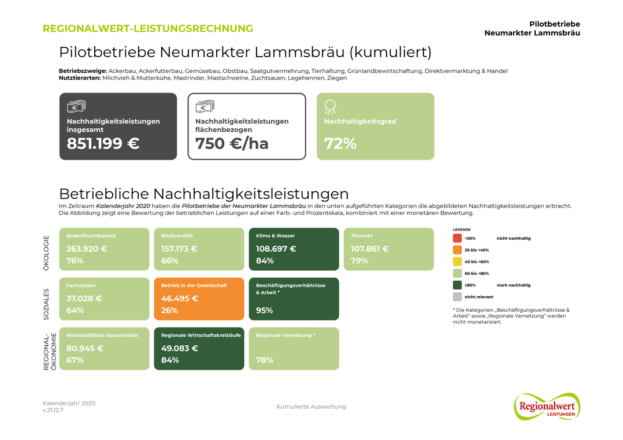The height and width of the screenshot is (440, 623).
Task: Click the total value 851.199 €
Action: [x=103, y=144]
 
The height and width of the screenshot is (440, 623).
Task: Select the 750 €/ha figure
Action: [x=232, y=144]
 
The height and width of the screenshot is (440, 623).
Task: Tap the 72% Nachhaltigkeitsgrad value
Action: [x=340, y=144]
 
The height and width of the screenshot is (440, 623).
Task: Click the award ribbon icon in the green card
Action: [x=330, y=107]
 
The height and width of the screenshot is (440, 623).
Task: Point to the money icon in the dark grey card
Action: [x=76, y=106]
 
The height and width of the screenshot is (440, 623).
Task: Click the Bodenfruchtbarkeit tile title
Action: [x=91, y=236]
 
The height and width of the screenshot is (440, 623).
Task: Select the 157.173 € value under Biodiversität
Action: [x=179, y=249]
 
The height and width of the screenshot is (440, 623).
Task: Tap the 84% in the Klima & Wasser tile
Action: [x=265, y=261]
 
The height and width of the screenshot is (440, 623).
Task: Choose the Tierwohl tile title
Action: [x=362, y=236]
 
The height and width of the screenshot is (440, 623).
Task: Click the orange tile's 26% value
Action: [x=169, y=311]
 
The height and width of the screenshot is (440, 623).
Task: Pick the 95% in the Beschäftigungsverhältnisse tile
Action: [x=265, y=311]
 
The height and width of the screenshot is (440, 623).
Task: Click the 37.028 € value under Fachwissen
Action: [x=84, y=299]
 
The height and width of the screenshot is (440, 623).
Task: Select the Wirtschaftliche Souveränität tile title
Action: [x=102, y=335]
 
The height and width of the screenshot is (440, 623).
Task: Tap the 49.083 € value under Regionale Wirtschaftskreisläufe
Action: [x=179, y=348]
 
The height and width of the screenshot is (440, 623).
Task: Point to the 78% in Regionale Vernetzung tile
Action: [x=265, y=360]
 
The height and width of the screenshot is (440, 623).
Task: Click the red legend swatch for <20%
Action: [x=457, y=238]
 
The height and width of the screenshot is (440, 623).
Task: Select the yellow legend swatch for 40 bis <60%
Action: [x=457, y=262]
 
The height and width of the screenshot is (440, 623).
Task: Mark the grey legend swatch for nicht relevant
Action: [x=457, y=297]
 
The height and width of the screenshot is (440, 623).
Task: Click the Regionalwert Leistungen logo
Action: [x=546, y=406]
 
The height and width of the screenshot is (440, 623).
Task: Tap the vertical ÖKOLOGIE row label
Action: [x=47, y=253]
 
